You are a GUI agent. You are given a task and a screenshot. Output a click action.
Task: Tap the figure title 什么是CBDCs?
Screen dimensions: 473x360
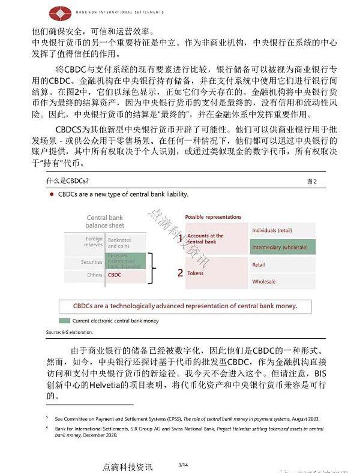pyautogui.click(x=68, y=180)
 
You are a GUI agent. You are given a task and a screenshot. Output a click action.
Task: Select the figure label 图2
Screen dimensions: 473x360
pyautogui.click(x=311, y=181)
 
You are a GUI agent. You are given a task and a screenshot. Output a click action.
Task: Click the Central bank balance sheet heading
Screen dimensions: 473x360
pyautogui.click(x=105, y=221)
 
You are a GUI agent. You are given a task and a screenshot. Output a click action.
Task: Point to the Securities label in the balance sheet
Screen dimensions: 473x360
pyautogui.click(x=92, y=262)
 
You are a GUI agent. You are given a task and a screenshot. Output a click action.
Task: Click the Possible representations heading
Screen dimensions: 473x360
pyautogui.click(x=213, y=217)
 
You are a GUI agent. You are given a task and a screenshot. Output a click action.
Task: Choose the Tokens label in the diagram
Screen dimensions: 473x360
pyautogui.click(x=196, y=273)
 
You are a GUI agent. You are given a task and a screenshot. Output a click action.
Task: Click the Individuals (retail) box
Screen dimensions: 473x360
pyautogui.click(x=282, y=231)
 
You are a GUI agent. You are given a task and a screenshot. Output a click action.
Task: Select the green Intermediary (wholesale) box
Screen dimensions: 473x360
pyautogui.click(x=282, y=246)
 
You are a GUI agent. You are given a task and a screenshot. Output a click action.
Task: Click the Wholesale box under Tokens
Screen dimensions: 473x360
pyautogui.click(x=282, y=281)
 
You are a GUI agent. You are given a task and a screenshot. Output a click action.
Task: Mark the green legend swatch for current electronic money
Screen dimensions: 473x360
pyautogui.click(x=64, y=321)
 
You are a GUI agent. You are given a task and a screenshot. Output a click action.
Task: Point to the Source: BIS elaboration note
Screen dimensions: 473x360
pyautogui.click(x=69, y=332)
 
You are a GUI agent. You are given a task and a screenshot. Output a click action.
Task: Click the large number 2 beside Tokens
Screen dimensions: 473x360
pyautogui.click(x=180, y=273)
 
